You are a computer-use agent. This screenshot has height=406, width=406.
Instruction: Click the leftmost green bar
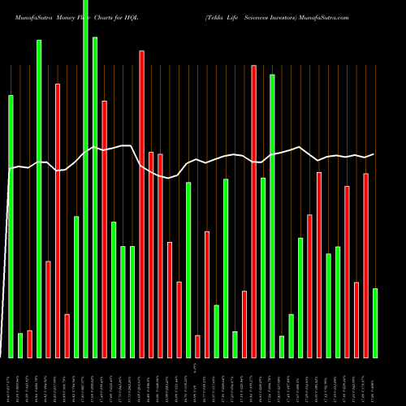(11, 227)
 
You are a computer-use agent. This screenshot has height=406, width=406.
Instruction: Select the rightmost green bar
(375, 323)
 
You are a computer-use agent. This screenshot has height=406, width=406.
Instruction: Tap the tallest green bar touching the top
(85, 179)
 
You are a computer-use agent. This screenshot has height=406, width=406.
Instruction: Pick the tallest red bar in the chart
(254, 211)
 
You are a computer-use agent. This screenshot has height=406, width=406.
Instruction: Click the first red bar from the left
(29, 344)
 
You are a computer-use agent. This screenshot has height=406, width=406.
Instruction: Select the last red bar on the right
(366, 266)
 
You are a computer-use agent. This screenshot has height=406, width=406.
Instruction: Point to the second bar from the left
(20, 345)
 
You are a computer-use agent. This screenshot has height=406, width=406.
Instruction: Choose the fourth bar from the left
(39, 199)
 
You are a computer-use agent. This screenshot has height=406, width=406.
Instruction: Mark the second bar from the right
(366, 266)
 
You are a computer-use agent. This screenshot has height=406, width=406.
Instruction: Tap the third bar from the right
(356, 320)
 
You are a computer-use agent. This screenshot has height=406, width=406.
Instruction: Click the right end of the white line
(374, 154)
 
